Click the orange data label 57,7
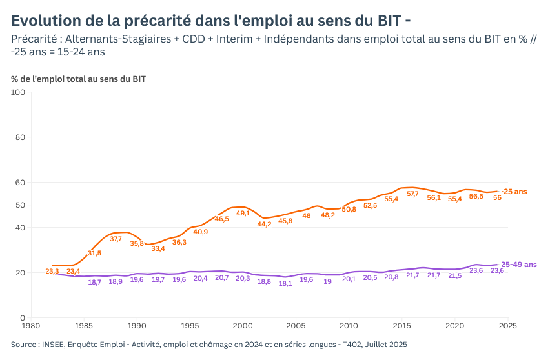point(412,194)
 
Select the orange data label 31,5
point(94,253)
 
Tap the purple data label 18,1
point(285,284)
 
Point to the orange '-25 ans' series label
point(514,192)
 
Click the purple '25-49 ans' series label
point(519,265)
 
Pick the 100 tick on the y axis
point(18,92)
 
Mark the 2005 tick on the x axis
point(296,326)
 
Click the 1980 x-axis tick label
point(30,326)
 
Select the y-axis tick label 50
point(20,205)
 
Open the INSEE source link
point(225,345)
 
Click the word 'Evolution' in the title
point(46,21)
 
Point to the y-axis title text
point(79,79)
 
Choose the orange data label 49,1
point(243,213)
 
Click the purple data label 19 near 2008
point(328,281)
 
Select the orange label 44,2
point(264,224)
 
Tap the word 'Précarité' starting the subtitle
point(34,39)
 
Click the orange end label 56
point(497,197)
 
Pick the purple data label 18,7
point(94,283)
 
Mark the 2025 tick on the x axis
point(508,326)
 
